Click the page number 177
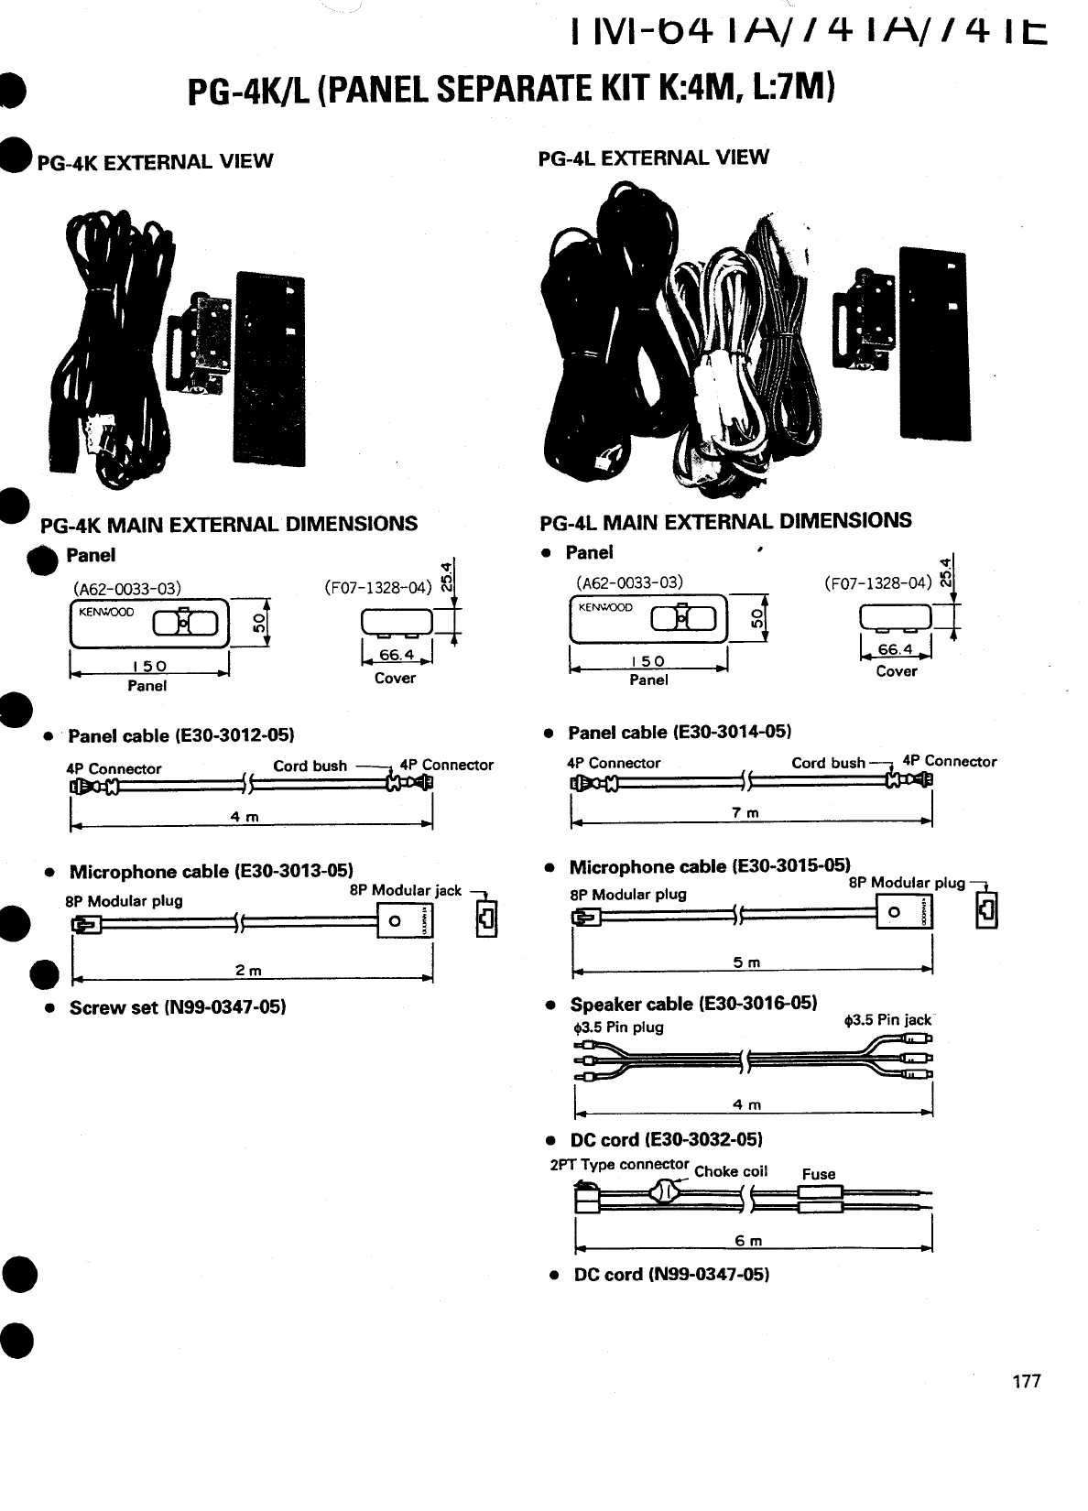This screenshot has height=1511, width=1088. pos(1027,1382)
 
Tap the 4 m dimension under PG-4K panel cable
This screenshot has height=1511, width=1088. pos(247,817)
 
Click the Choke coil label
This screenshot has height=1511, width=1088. pos(731,1171)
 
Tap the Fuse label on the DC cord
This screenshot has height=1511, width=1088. pos(818,1174)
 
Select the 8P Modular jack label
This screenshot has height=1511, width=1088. pos(405,890)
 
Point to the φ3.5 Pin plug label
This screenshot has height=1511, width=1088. pos(616,1027)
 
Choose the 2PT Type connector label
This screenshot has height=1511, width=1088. pos(619,1165)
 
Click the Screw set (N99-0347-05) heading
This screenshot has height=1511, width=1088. pos(178,1007)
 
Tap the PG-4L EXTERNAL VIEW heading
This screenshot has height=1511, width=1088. pos(653,158)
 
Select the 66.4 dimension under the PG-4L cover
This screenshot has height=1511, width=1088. pos(896,649)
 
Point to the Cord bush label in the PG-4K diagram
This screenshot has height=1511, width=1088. pos(310,766)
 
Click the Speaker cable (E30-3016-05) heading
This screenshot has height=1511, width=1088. pos(693,1003)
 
